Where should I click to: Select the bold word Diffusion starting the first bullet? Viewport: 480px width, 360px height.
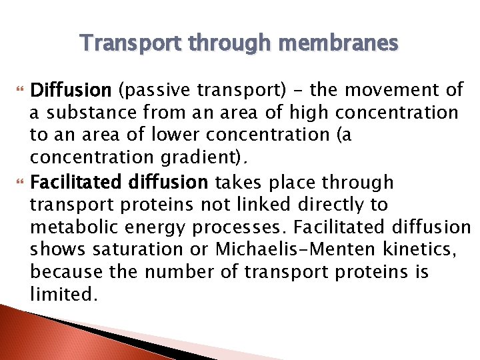click(72, 89)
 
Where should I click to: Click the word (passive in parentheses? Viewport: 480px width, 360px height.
click(153, 89)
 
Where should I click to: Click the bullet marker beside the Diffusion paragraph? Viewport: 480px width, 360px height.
click(19, 89)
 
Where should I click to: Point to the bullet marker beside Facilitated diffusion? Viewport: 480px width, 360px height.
click(19, 182)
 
